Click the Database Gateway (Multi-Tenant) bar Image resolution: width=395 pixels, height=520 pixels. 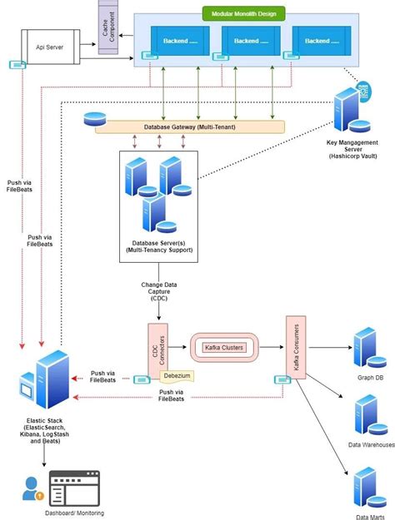(189, 126)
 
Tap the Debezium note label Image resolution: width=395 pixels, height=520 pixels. (177, 375)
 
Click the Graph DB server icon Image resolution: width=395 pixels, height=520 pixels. (367, 348)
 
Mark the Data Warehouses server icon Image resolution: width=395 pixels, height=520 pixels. (367, 415)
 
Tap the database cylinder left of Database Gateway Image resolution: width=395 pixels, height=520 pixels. (91, 119)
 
